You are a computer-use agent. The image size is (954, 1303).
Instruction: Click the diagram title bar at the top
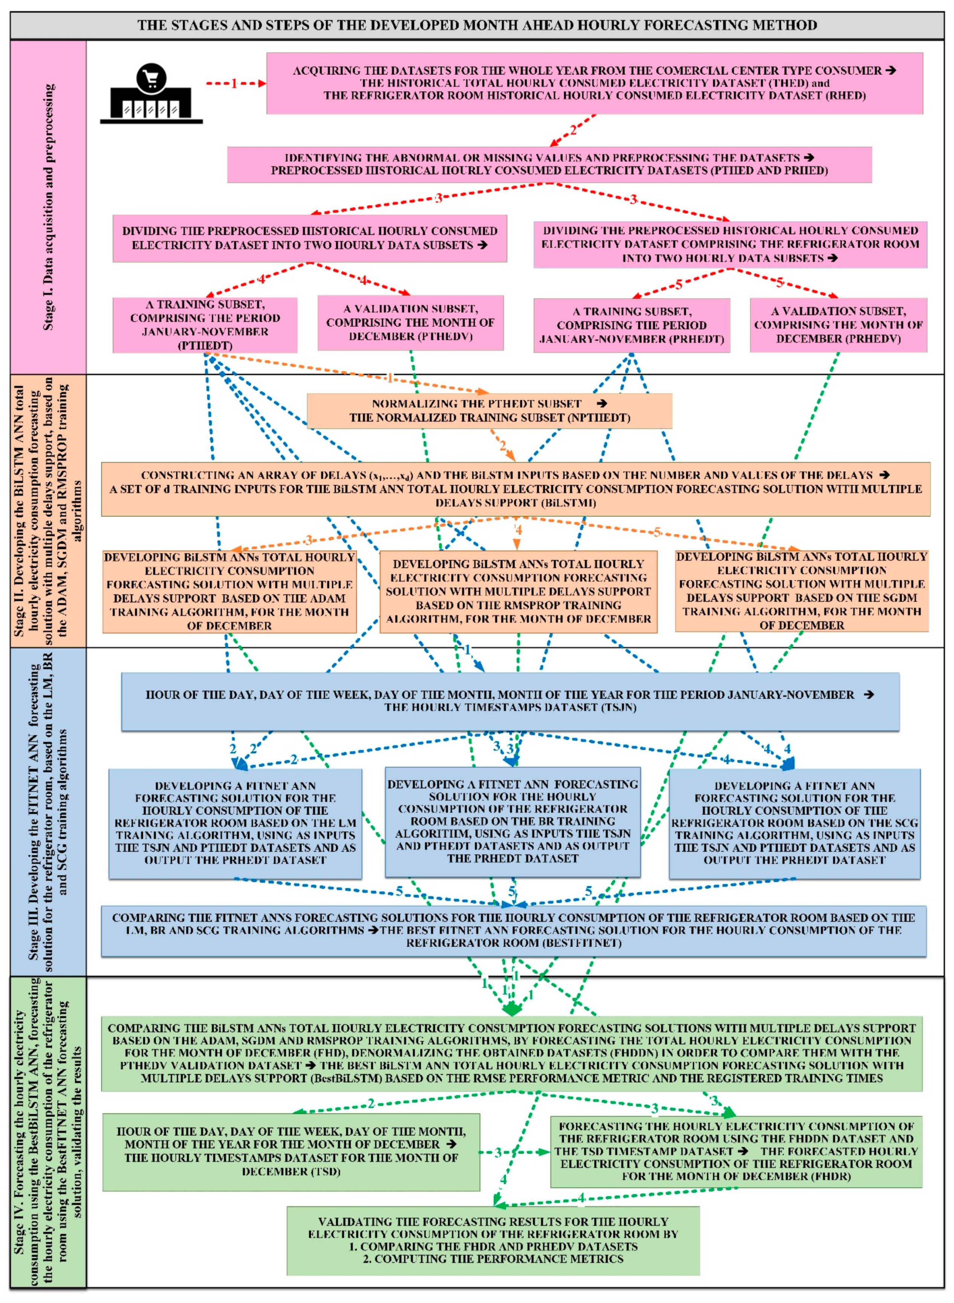(477, 25)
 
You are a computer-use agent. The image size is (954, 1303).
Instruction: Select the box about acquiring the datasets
(594, 83)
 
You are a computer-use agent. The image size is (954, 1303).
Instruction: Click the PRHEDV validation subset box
(838, 325)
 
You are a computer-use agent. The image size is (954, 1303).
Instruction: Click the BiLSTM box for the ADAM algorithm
(229, 592)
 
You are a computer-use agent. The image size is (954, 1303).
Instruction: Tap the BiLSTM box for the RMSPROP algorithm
(518, 592)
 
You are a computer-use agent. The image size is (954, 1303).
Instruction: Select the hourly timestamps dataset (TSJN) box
(510, 701)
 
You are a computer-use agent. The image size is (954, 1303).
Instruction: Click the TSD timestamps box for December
(291, 1151)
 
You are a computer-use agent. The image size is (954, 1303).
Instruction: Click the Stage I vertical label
(49, 208)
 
